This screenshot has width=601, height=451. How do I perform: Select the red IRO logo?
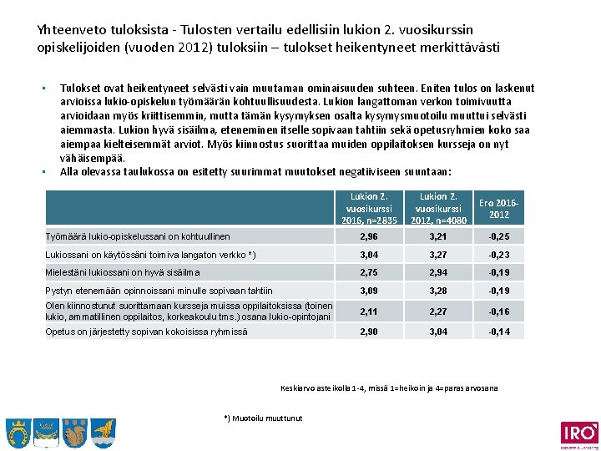[579, 433]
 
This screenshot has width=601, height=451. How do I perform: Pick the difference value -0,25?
[499, 237]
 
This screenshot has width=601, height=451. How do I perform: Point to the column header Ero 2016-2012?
[499, 208]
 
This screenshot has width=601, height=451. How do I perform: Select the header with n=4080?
[437, 208]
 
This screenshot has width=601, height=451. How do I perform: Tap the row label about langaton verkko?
[149, 254]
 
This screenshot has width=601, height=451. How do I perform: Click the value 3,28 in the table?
[437, 291]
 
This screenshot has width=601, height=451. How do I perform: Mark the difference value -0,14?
[499, 332]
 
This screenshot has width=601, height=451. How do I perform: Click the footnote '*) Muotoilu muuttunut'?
[264, 418]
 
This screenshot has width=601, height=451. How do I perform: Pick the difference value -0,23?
[499, 254]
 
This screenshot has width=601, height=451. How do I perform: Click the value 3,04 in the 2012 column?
[437, 332]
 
